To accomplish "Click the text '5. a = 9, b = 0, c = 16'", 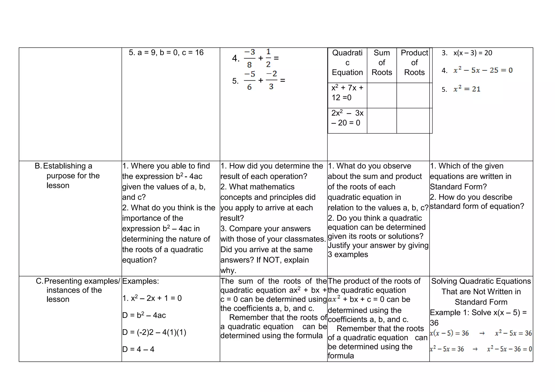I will [166, 53].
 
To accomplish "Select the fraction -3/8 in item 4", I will [249, 58].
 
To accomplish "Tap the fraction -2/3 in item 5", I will [271, 80].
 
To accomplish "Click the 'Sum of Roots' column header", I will [382, 63].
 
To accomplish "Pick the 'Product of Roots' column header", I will [414, 63].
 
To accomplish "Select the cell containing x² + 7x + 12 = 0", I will [347, 93].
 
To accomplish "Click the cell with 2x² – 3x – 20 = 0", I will [347, 118].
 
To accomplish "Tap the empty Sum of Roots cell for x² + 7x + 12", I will [382, 95].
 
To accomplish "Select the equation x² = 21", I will [467, 89].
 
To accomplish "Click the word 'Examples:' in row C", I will [140, 281].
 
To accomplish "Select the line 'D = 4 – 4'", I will [138, 349].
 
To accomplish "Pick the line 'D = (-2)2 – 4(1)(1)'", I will [154, 332].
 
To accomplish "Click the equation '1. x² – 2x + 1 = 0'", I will [152, 298].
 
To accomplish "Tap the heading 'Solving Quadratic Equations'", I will [481, 281].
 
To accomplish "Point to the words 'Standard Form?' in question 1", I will [458, 187].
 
